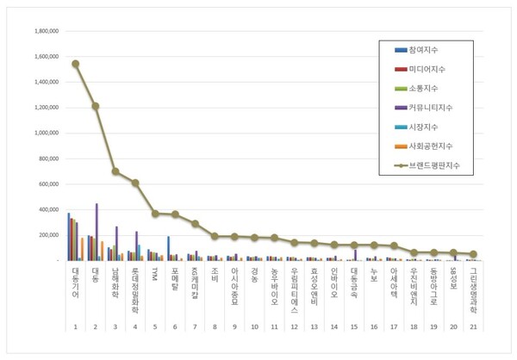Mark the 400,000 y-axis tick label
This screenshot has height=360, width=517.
click(45, 209)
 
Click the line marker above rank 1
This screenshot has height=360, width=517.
click(76, 64)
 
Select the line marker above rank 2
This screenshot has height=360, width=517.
click(96, 106)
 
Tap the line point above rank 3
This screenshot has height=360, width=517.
click(115, 171)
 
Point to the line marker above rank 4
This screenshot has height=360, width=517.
click(135, 183)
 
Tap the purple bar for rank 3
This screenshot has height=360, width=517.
click(116, 243)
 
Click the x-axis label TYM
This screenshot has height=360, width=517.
click(155, 272)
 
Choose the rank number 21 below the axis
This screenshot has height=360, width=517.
click(472, 327)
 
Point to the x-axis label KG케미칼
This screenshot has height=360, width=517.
click(195, 282)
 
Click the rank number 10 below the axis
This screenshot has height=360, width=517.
click(254, 327)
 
